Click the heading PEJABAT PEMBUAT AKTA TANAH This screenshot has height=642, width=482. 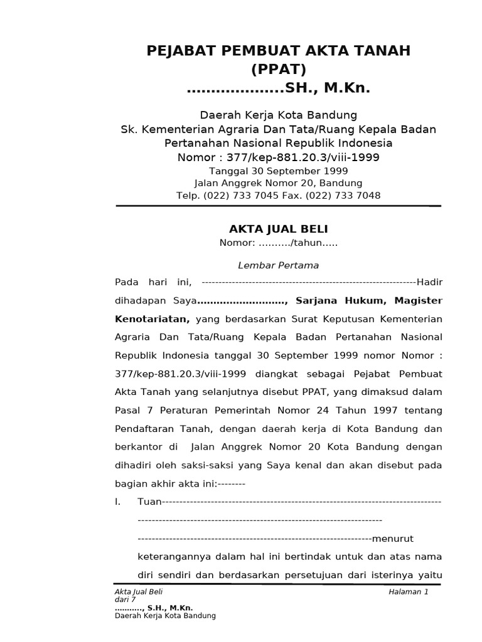coord(279,51)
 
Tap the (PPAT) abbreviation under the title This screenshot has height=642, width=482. coord(279,69)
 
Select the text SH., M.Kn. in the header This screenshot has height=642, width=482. coord(328,89)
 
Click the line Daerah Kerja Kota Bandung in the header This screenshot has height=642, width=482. coord(278,115)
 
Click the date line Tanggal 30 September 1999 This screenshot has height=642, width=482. coord(278,171)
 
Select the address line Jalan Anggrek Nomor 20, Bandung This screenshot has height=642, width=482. coord(278,183)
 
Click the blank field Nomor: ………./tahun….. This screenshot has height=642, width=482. coord(278,243)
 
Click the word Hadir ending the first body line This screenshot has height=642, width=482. coord(430,282)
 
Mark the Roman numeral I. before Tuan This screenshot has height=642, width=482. coord(117,502)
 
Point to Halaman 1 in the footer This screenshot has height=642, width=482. coord(408,592)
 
